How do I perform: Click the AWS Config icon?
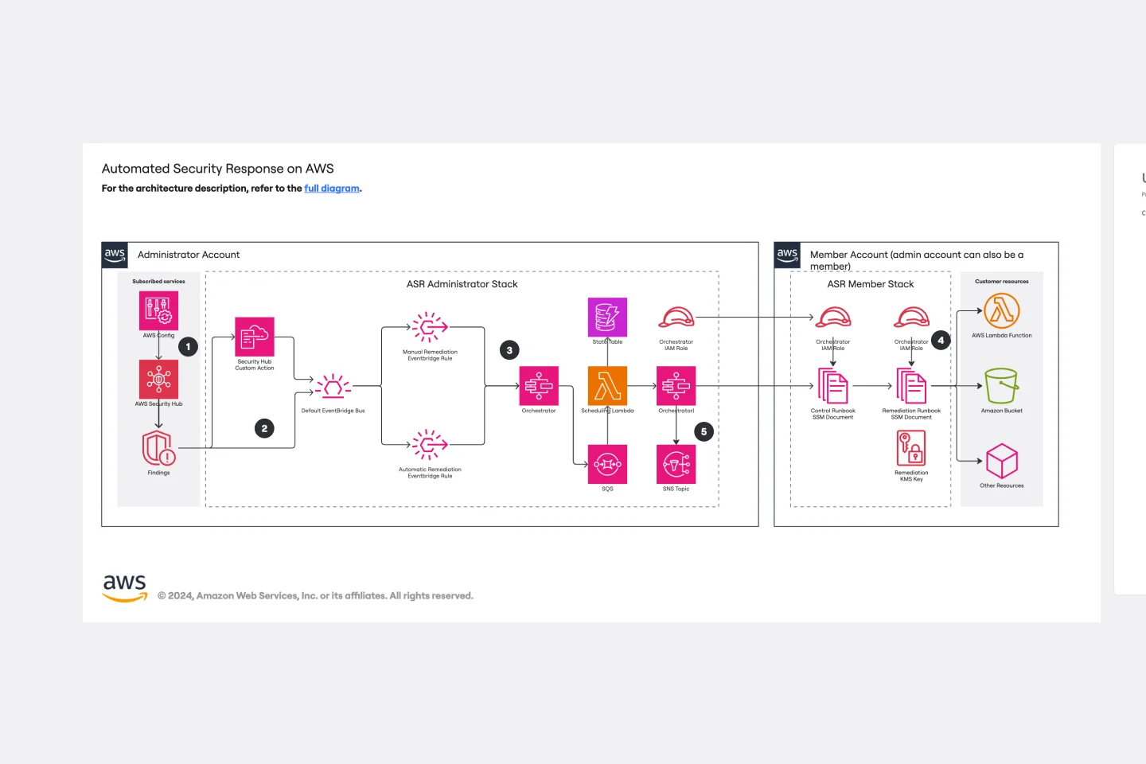coord(158,310)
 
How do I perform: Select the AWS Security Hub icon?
coord(158,379)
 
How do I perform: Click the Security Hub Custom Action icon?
coord(255,337)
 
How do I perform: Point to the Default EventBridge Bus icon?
coord(333,388)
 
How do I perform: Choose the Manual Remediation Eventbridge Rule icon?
coord(430,327)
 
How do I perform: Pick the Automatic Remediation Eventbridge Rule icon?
coord(430,445)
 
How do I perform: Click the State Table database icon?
coord(607,317)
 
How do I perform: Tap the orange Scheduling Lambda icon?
coord(607,386)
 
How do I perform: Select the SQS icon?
coord(607,464)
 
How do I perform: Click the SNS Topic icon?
coord(676,464)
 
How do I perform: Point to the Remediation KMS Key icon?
coord(911,448)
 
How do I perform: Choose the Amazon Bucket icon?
coord(1001,386)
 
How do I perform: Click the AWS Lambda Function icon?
coord(1001,310)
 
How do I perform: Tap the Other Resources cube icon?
coord(1001,461)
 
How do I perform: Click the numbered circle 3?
coord(509,350)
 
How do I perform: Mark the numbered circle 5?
coord(704,432)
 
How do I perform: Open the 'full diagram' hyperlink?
coord(332,189)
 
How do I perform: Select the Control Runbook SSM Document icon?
coord(832,386)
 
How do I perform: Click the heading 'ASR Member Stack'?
coord(870,284)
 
